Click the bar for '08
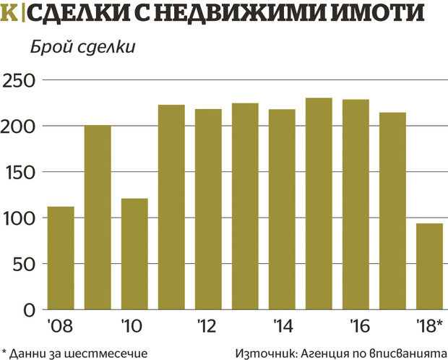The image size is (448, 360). pyautogui.click(x=61, y=258)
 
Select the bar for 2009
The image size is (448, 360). pyautogui.click(x=98, y=218)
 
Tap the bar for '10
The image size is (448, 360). pyautogui.click(x=134, y=254)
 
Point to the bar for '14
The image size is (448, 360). pyautogui.click(x=281, y=210)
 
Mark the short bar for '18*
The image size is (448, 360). pyautogui.click(x=428, y=266)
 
